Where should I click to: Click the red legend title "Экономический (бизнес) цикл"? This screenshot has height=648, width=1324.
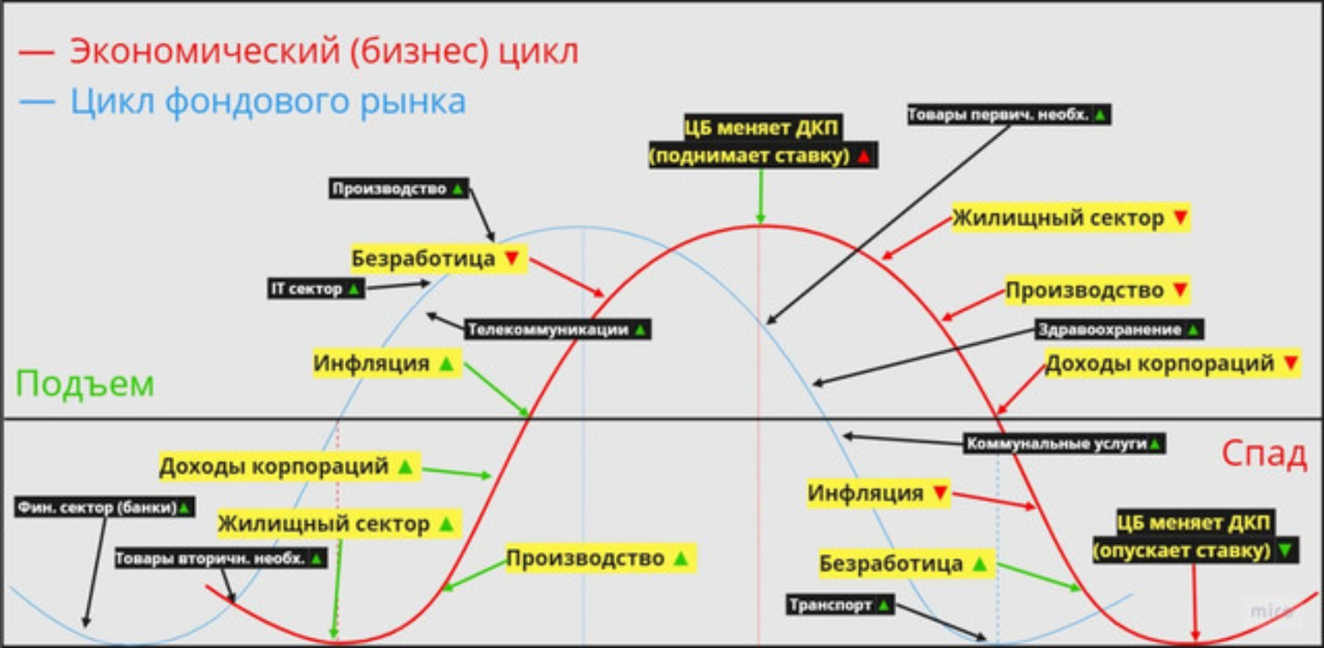pos(324,52)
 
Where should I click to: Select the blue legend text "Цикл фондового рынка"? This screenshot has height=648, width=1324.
pos(268,101)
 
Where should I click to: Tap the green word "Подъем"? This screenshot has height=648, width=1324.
pos(85,383)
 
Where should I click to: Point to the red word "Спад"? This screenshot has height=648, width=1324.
pos(1263,454)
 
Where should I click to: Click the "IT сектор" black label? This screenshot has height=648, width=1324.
pos(315,289)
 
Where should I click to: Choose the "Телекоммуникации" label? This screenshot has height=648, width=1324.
pos(557,329)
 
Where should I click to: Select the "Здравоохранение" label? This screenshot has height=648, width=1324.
pos(1119,329)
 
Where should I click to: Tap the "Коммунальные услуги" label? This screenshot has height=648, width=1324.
pos(1064,444)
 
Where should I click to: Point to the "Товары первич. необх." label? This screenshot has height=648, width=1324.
pos(1009,114)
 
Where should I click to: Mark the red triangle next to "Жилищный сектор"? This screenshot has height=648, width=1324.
pos(1180,217)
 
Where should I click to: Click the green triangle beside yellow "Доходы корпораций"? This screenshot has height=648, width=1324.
pos(406,466)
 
